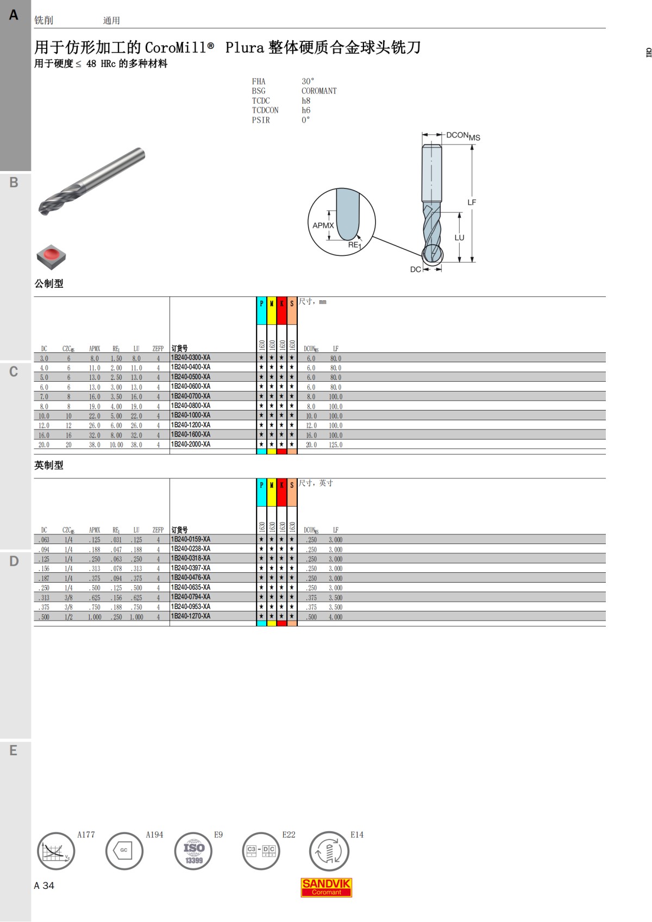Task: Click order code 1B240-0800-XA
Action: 191,406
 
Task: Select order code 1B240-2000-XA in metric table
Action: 191,444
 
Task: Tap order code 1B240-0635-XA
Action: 191,588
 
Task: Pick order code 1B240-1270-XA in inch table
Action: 191,616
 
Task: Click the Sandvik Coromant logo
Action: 326,887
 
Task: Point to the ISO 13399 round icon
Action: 193,851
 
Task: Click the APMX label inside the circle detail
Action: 323,225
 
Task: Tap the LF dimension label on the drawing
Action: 472,202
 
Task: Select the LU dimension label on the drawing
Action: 460,237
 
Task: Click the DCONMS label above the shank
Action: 463,136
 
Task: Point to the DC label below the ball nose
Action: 415,269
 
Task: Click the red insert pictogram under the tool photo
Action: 51,256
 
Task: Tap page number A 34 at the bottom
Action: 44,886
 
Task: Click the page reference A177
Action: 86,835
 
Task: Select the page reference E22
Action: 289,835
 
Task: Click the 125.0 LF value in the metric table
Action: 335,445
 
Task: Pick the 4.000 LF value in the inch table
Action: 335,617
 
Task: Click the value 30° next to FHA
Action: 308,81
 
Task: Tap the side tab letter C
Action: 14,372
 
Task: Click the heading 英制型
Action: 49,465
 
